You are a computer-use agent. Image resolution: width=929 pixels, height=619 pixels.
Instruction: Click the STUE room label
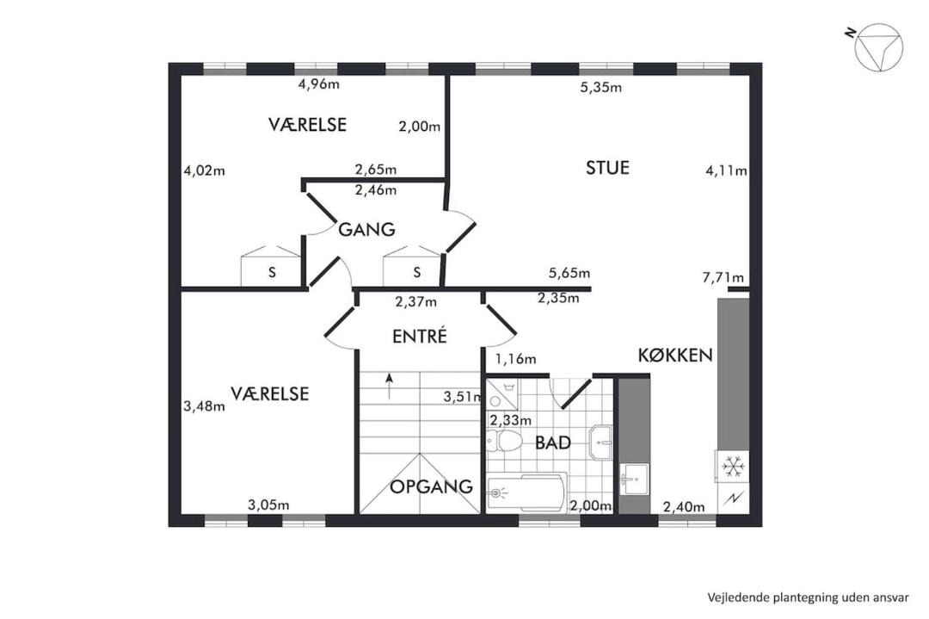(x=607, y=168)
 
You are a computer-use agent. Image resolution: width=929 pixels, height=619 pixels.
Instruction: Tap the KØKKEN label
(x=675, y=356)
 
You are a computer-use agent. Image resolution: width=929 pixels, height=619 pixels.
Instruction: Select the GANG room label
(x=366, y=230)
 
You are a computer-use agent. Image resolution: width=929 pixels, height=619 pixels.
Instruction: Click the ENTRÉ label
(x=420, y=336)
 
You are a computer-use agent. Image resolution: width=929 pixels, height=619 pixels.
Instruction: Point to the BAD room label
(x=553, y=443)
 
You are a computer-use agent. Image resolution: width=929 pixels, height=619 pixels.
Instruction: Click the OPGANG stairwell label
(x=431, y=486)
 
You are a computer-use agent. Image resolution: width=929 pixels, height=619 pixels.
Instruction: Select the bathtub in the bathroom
(x=526, y=492)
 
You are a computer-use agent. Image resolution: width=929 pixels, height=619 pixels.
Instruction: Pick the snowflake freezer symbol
(x=734, y=467)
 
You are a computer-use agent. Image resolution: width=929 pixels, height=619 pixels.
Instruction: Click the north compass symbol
(x=878, y=47)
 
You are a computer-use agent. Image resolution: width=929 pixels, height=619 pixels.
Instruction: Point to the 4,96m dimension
(x=319, y=84)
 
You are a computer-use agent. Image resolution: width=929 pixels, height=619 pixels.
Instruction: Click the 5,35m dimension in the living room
(x=600, y=88)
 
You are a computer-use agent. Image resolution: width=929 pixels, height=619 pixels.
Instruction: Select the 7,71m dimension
(x=723, y=277)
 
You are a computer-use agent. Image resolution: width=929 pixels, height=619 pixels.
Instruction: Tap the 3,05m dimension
(x=268, y=505)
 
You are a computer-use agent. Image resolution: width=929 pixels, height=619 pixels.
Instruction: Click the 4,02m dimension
(x=205, y=170)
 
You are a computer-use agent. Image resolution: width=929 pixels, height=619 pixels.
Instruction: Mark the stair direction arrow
(x=390, y=387)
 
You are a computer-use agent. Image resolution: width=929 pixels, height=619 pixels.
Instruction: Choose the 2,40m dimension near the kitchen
(x=684, y=507)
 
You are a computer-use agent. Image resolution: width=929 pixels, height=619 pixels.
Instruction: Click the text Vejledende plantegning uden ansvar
(x=808, y=597)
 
